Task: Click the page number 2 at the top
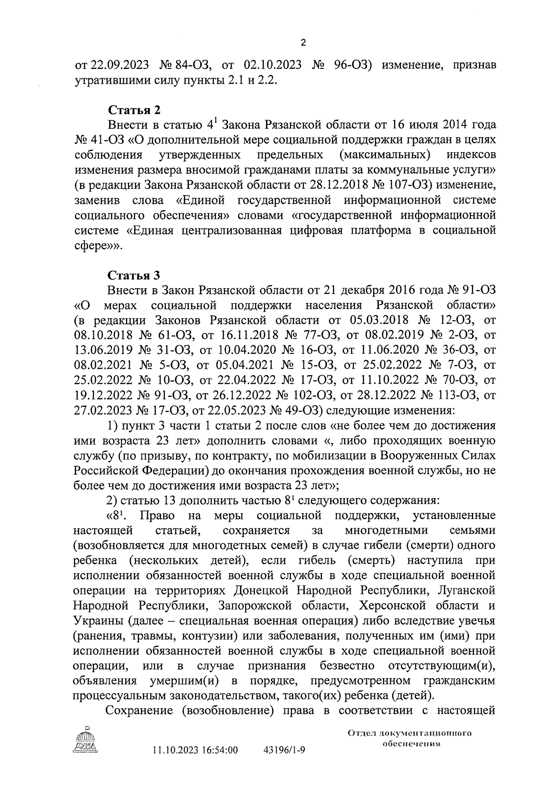(x=303, y=43)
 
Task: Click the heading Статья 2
(x=134, y=111)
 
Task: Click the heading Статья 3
(x=134, y=275)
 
